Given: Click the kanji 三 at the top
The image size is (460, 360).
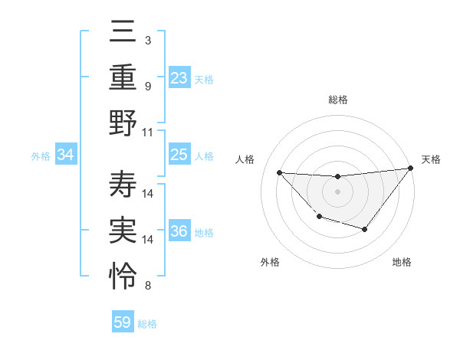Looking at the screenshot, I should (x=123, y=33).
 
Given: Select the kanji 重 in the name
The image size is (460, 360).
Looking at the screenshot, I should (x=123, y=77).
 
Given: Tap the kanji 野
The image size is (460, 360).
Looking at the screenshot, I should (x=123, y=122).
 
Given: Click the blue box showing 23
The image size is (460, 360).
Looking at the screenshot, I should (x=179, y=77).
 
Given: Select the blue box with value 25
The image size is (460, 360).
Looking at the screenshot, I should (x=179, y=155).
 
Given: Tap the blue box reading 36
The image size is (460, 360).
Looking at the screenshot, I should (x=179, y=231).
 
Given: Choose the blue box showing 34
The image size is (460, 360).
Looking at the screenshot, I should (x=66, y=155).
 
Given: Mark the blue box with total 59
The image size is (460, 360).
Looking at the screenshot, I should (x=123, y=322).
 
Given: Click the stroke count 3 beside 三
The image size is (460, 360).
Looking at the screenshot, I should (x=147, y=40).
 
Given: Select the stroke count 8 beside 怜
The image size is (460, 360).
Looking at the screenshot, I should (x=147, y=286).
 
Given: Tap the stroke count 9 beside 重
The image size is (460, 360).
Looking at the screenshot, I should (x=147, y=86).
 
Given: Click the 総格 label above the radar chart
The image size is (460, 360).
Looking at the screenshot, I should (x=338, y=100).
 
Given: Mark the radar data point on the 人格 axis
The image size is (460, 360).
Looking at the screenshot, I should (x=279, y=172).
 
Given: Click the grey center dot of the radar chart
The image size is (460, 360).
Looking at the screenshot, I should (x=337, y=191).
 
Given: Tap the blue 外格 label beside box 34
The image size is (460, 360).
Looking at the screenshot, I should (x=41, y=156).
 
